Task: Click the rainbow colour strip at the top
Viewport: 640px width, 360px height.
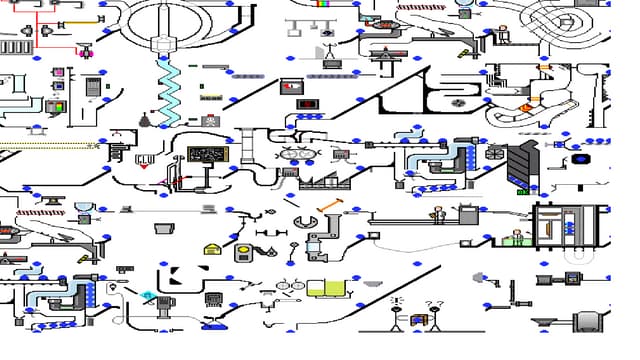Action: click(x=323, y=4)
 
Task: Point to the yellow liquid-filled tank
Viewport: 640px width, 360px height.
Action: click(x=323, y=289)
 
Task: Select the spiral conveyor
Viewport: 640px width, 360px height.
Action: click(x=566, y=20)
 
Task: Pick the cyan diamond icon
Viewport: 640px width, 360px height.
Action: click(x=148, y=295)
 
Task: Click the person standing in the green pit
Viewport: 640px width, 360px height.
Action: click(x=517, y=237)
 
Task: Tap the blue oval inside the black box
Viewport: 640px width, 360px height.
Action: click(x=580, y=159)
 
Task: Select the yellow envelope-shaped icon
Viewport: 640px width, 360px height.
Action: click(x=211, y=249)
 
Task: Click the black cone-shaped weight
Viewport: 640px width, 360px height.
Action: click(x=144, y=121)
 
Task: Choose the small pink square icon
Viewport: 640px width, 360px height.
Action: click(x=58, y=72)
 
